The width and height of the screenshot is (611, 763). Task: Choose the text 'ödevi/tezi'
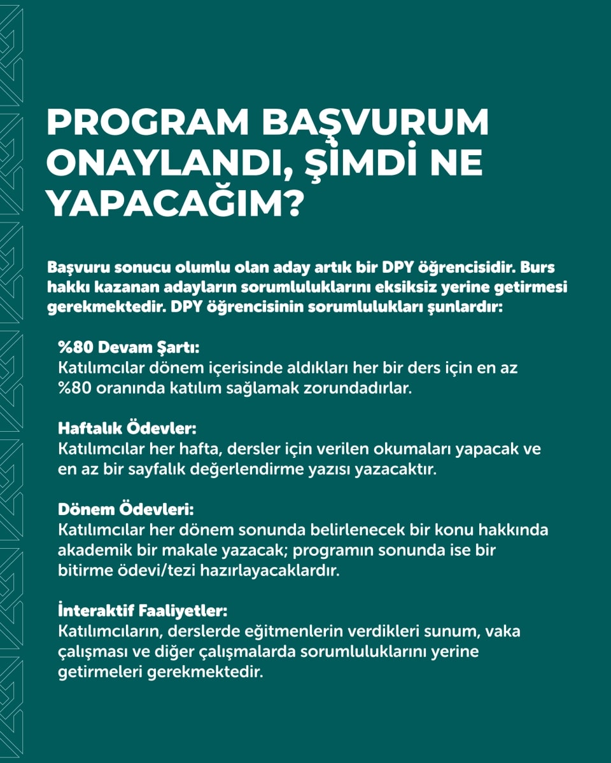click(x=150, y=570)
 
